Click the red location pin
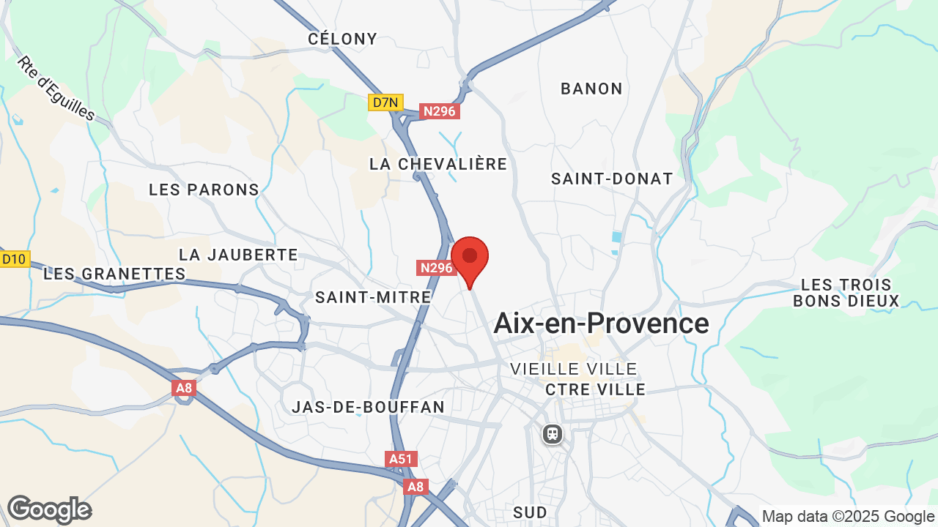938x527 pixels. tap(470, 258)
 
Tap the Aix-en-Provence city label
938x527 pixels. tap(601, 323)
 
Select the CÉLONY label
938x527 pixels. tap(342, 39)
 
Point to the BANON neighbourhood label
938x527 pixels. tap(591, 89)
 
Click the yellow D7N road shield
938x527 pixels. tap(385, 102)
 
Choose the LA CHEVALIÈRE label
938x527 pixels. tap(438, 164)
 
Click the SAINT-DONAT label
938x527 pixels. tap(612, 179)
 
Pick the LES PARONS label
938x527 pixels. tap(204, 190)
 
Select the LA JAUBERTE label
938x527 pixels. tap(238, 255)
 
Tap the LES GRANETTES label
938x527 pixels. tap(114, 274)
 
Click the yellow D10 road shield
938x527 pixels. tap(14, 258)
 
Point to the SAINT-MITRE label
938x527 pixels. tap(373, 297)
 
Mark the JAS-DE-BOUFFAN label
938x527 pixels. tap(368, 407)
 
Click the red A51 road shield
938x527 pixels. tap(401, 459)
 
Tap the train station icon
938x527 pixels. tap(553, 434)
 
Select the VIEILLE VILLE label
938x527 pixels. tap(574, 369)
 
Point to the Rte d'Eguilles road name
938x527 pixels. tap(56, 89)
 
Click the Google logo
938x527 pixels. tap(49, 509)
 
